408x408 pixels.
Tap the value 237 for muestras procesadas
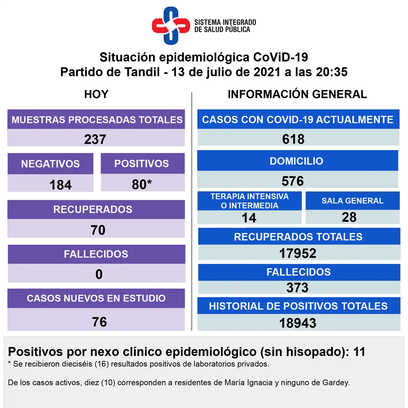pos(95,139)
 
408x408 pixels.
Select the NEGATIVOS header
pos(51,164)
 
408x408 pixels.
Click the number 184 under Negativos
pos(60,185)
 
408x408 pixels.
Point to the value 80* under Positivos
pos(142,184)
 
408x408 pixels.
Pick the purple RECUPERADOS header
pos(93,209)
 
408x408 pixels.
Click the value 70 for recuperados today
pos(98,230)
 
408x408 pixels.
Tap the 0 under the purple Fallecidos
pos(99,274)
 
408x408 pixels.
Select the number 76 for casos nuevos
pos(99,322)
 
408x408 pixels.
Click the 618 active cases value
pos(293,139)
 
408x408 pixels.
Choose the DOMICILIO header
pos(296,161)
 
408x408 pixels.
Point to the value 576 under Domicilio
pos(293,181)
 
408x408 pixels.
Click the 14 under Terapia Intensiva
pos(249,218)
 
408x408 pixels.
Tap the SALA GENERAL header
pos(353,201)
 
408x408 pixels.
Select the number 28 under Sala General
pos(349,217)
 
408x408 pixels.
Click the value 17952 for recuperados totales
pos(298,253)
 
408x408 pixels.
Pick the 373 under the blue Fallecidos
pos(297,288)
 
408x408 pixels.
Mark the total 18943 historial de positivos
pos(298,323)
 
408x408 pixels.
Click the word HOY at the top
pos(96,94)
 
